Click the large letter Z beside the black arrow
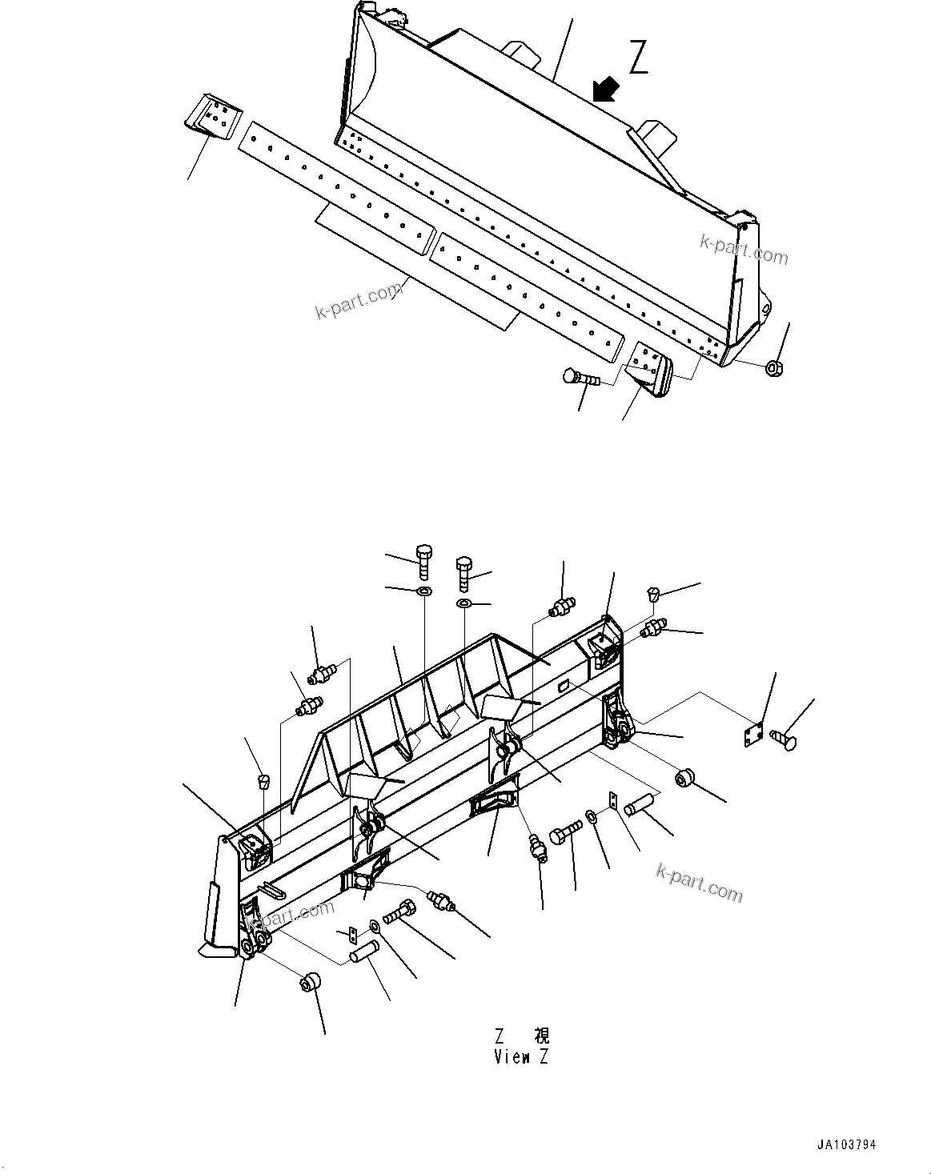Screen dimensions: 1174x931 point(638,58)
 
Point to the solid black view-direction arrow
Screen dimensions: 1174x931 point(607,88)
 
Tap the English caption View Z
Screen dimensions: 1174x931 point(521,1057)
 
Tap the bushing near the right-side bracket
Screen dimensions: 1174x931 point(685,778)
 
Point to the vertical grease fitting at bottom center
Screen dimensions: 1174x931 point(538,847)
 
